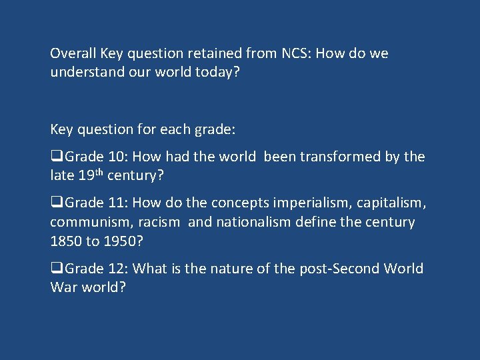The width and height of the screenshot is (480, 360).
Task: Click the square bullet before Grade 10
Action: [x=55, y=157]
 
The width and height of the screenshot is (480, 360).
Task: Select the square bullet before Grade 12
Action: [x=55, y=269]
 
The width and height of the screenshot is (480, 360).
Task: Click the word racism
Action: [x=159, y=222]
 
